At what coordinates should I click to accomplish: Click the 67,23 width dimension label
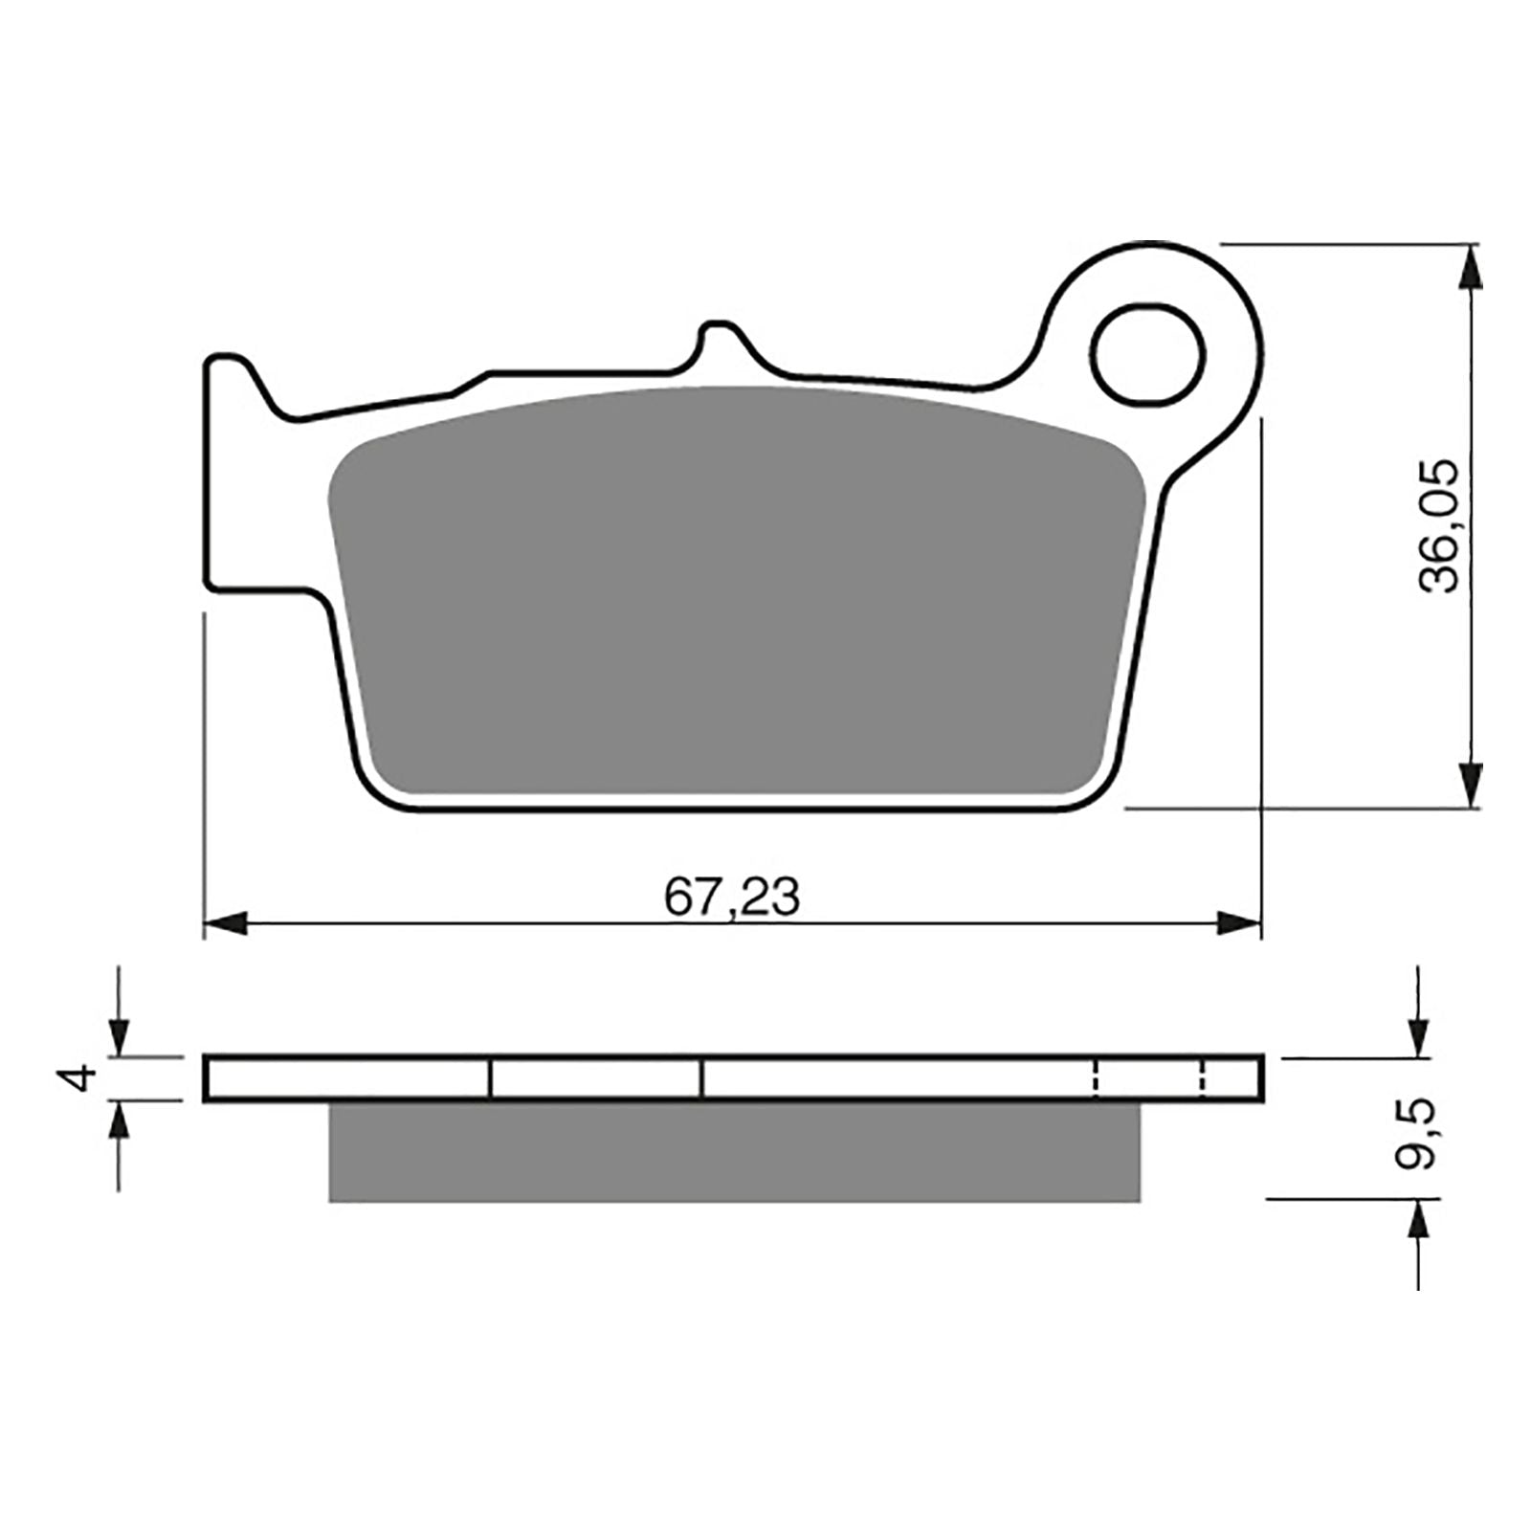coord(732,898)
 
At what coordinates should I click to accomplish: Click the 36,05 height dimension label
coord(1439,526)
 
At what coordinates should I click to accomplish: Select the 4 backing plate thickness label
coord(83,1077)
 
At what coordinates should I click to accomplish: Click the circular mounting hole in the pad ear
coord(1147,353)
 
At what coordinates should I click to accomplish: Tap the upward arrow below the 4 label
coord(118,1122)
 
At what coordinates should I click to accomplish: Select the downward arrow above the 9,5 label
coord(1416,1035)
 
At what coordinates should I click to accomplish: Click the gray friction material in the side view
coord(734,1152)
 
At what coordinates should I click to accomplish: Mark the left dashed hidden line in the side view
coord(1095,1078)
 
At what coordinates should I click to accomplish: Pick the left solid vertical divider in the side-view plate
coord(490,1078)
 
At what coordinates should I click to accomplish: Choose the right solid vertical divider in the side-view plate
coord(701,1078)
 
